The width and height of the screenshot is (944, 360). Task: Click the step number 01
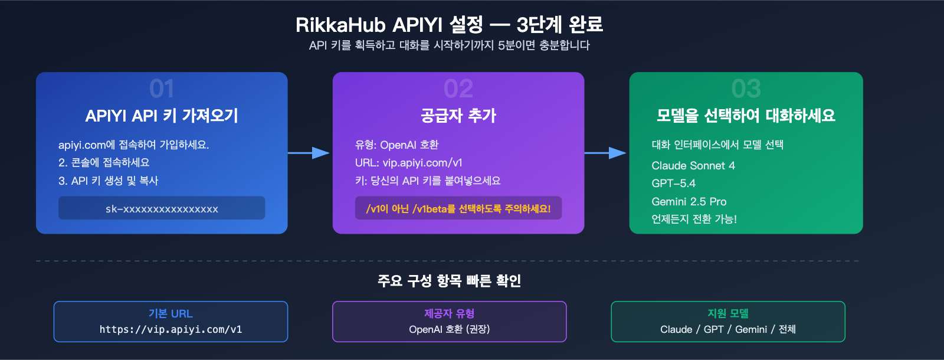pyautogui.click(x=162, y=89)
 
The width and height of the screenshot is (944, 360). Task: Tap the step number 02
pyautogui.click(x=458, y=89)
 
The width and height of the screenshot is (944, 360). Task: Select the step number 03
pyautogui.click(x=746, y=89)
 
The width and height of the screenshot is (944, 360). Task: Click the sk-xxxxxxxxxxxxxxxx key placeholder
pyautogui.click(x=162, y=208)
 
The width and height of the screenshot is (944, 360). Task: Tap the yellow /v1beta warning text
pyautogui.click(x=458, y=208)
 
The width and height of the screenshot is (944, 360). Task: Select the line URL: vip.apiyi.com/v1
pyautogui.click(x=408, y=163)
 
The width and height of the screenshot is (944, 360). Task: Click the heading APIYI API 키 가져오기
pyautogui.click(x=162, y=116)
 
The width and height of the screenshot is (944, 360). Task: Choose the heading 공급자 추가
pyautogui.click(x=458, y=116)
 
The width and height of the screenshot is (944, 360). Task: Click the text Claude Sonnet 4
pyautogui.click(x=693, y=166)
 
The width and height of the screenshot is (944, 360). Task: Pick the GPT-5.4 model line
pyautogui.click(x=673, y=184)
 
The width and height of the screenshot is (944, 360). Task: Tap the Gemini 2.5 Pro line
pyautogui.click(x=689, y=202)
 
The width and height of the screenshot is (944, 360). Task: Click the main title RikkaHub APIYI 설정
pyautogui.click(x=449, y=25)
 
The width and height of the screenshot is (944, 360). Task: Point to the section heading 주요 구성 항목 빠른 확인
pyautogui.click(x=449, y=281)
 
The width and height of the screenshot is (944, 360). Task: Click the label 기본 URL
pyautogui.click(x=171, y=313)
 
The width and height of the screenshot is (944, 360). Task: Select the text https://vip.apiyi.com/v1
pyautogui.click(x=171, y=329)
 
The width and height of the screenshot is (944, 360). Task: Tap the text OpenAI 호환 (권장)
pyautogui.click(x=449, y=329)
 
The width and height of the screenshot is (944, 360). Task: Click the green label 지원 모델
pyautogui.click(x=727, y=313)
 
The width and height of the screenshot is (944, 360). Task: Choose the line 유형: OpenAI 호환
pyautogui.click(x=396, y=145)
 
